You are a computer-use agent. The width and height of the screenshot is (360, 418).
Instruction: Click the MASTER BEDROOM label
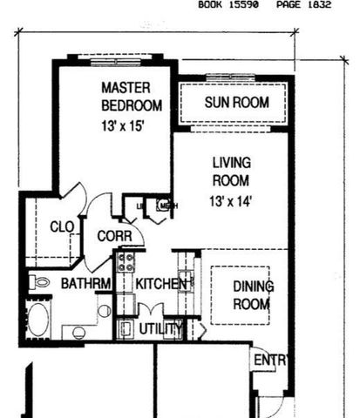[131, 96]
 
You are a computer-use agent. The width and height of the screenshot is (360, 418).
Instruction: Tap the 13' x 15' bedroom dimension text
[121, 125]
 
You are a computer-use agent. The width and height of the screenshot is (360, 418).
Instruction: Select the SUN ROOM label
[236, 102]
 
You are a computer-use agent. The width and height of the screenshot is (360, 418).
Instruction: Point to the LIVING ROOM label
[231, 172]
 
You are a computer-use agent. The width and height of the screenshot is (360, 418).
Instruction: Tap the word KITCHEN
[161, 283]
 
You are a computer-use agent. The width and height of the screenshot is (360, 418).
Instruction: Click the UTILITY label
[160, 328]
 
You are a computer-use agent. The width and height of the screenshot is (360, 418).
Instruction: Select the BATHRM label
[85, 283]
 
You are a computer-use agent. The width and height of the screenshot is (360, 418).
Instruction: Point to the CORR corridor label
[114, 236]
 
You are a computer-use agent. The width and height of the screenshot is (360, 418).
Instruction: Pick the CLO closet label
[62, 226]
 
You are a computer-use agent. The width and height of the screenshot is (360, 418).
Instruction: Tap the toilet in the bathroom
[38, 281]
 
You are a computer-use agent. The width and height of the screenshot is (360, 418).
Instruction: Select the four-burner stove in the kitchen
[126, 261]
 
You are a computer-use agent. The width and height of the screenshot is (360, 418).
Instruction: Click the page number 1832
[318, 5]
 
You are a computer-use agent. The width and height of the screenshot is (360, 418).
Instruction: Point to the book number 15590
[246, 5]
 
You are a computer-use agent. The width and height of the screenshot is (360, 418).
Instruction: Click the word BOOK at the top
[211, 5]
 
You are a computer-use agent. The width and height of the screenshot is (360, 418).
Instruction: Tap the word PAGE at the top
[289, 5]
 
